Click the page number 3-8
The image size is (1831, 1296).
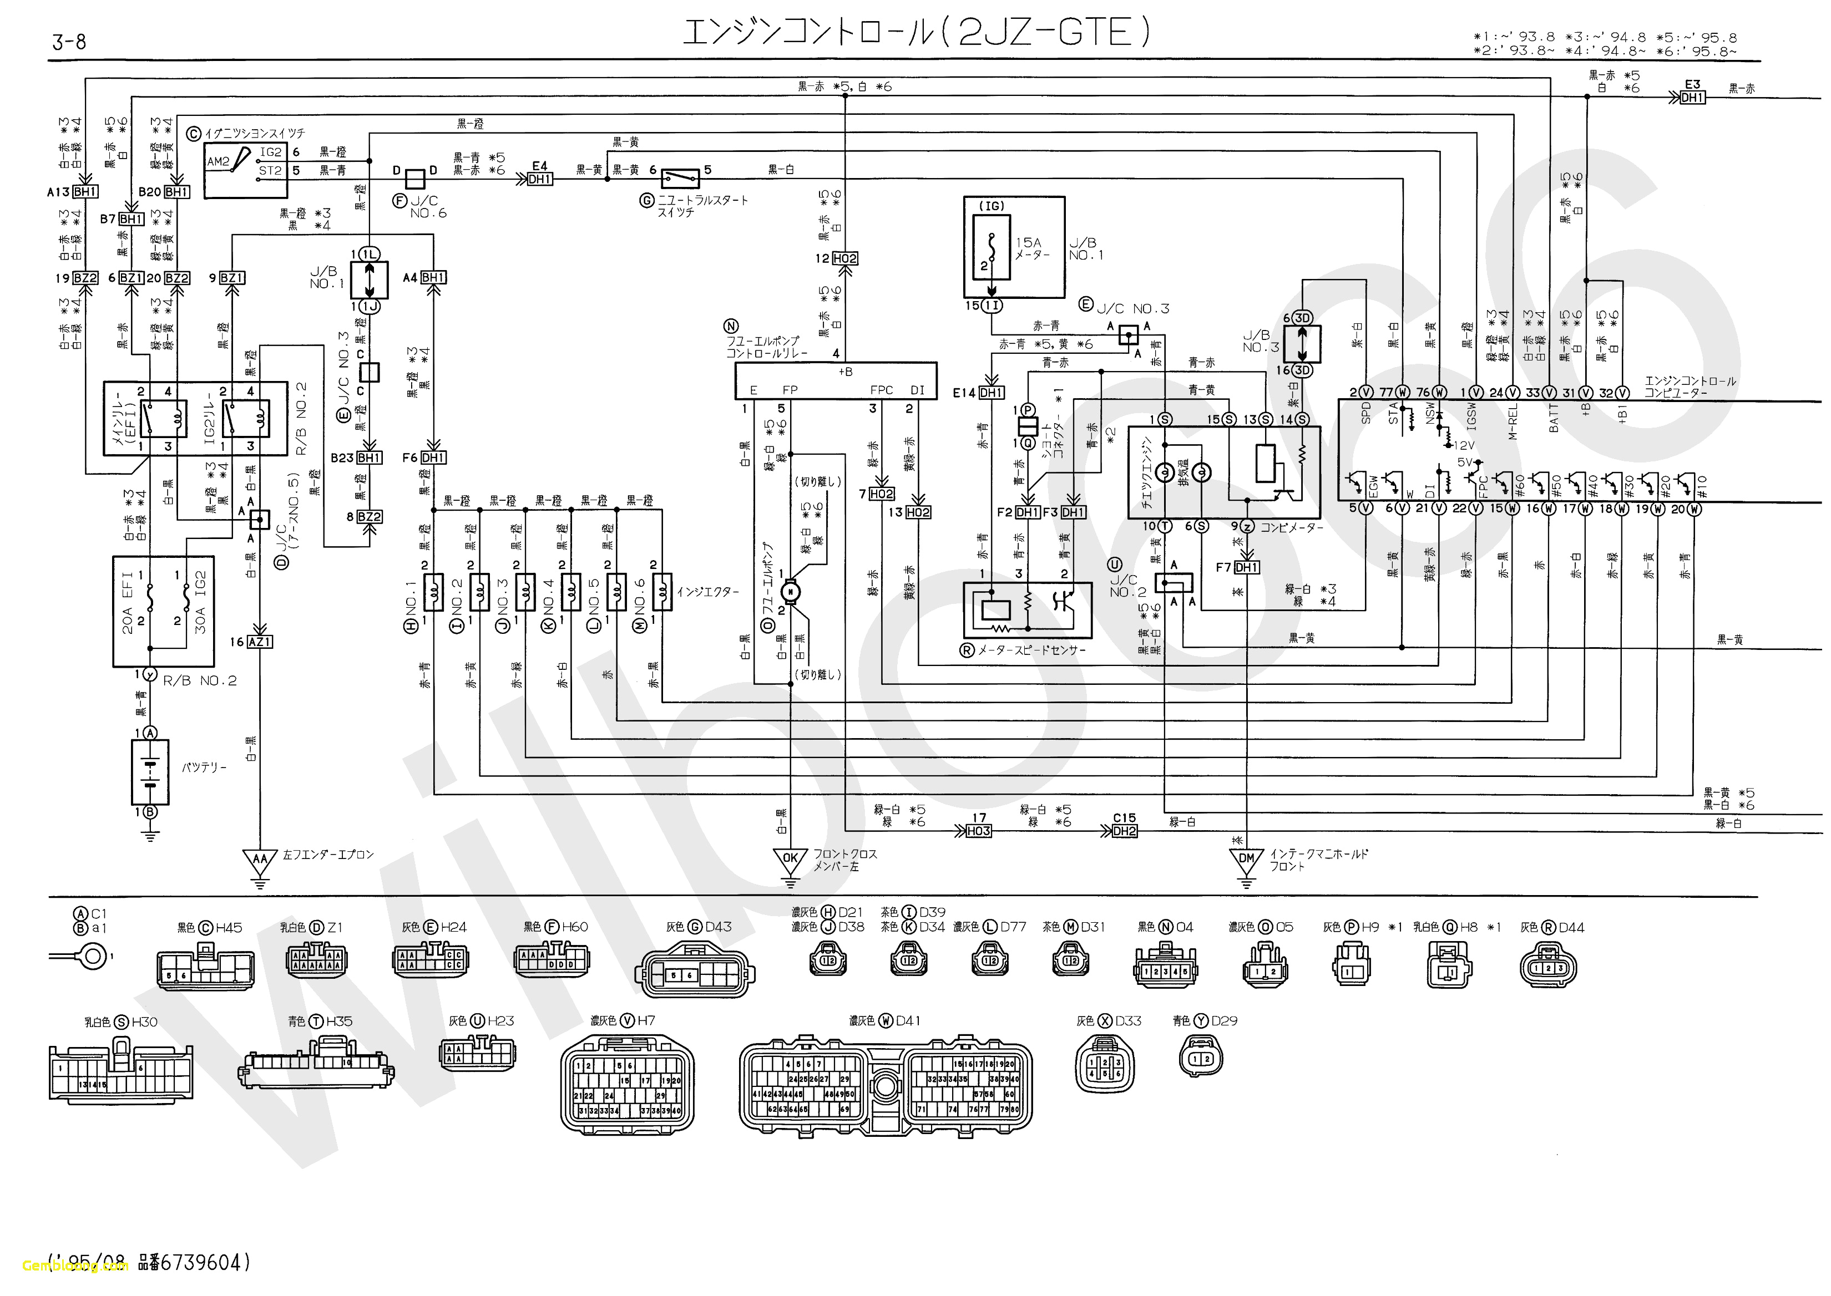click(69, 42)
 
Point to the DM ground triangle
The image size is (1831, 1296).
click(1246, 860)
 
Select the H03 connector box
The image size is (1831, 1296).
click(978, 831)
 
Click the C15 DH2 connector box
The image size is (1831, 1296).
click(1124, 831)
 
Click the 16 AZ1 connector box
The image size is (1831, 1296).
click(260, 642)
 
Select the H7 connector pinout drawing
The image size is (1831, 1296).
click(627, 1085)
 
